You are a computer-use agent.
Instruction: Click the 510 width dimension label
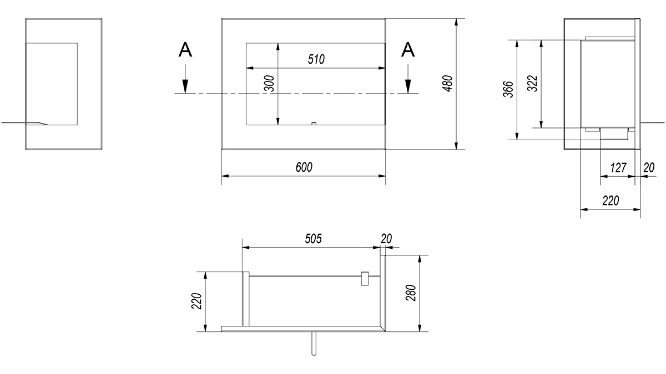316,59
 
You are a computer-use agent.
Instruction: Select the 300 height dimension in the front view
269,84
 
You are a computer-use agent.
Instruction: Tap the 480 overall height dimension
447,84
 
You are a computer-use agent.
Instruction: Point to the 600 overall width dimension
304,167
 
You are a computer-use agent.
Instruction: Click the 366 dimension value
508,89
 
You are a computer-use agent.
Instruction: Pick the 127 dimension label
618,168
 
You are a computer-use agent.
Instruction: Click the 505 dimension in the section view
314,239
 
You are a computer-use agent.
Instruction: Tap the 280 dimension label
411,293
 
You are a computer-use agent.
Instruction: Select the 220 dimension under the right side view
610,201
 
